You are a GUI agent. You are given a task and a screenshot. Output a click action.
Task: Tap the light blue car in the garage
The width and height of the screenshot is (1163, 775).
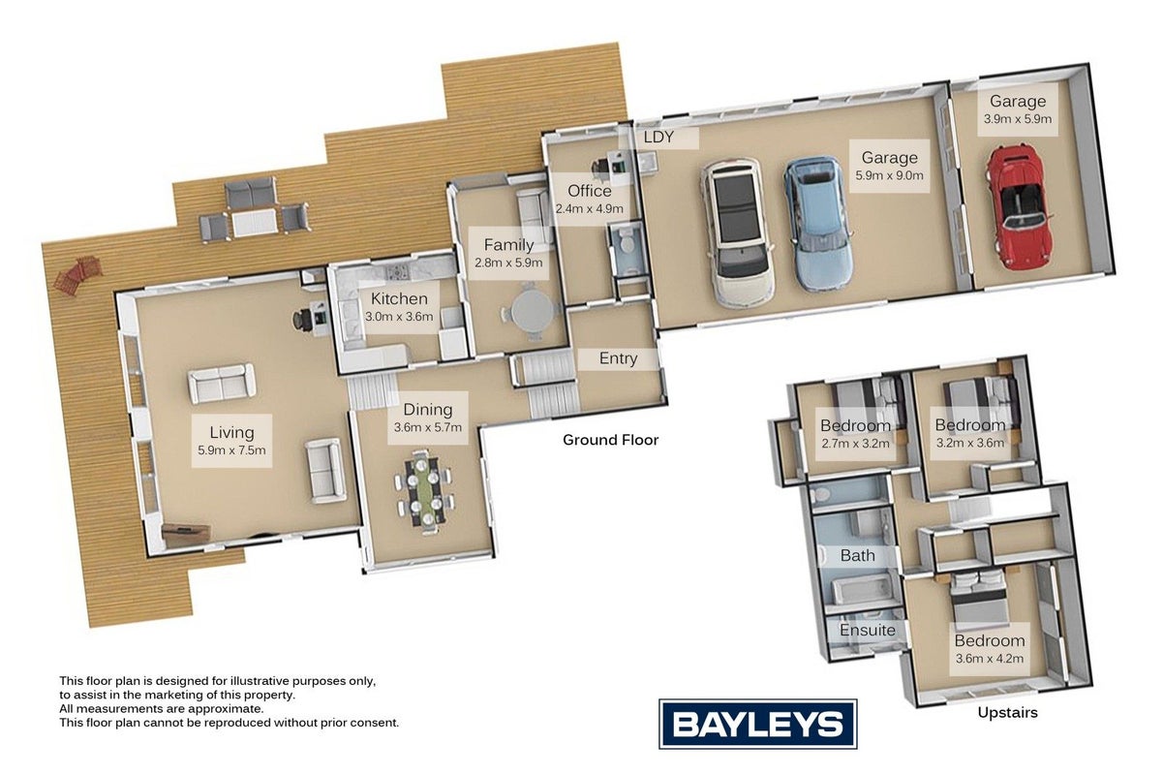(817, 225)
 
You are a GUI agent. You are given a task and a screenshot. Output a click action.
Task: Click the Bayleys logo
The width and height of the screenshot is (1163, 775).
(757, 724)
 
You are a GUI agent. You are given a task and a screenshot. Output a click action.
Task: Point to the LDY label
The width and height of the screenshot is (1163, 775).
(658, 137)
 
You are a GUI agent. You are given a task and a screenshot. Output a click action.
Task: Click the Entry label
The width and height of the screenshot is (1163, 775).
(618, 358)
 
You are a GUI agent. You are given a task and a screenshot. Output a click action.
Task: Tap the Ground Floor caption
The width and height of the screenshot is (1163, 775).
(611, 440)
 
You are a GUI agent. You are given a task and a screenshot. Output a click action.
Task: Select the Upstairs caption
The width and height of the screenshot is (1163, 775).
(1008, 712)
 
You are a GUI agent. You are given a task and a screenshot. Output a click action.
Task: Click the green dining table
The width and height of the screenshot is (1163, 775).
(425, 494)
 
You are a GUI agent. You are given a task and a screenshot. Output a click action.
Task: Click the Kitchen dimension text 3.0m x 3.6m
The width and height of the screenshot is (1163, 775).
(399, 317)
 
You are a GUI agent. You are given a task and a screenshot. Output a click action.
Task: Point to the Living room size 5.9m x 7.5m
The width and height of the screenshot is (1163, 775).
(231, 449)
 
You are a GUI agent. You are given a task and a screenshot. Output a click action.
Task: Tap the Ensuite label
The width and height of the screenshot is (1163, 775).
(867, 630)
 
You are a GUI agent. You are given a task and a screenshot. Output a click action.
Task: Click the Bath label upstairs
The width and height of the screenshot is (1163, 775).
(857, 555)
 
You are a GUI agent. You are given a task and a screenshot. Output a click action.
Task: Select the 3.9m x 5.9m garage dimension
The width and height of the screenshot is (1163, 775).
(1018, 119)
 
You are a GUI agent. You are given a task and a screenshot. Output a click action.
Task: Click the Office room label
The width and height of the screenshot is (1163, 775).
(590, 191)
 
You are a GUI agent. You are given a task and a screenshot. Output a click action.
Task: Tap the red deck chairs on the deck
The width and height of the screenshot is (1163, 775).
(77, 275)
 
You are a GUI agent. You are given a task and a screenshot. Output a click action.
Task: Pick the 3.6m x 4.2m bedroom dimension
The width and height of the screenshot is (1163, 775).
(990, 658)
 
